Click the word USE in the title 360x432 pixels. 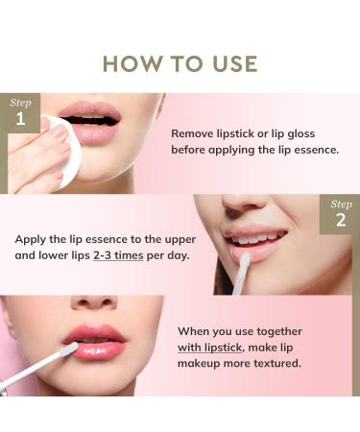click(230, 63)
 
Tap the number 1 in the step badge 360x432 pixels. click(20, 122)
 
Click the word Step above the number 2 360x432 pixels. click(341, 204)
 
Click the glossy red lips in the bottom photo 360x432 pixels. click(96, 341)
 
